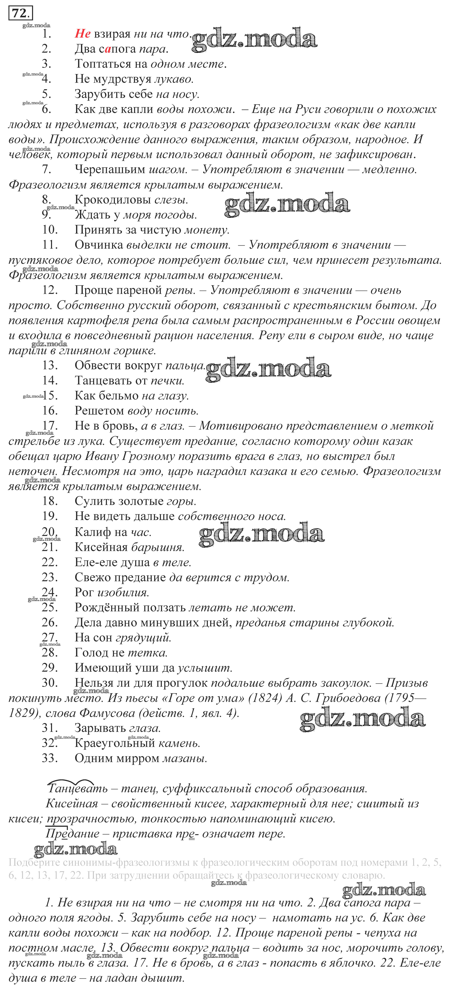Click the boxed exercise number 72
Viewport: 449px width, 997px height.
[x=20, y=14]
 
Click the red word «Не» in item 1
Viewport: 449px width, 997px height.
[x=82, y=34]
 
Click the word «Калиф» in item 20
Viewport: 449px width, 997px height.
[x=92, y=532]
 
